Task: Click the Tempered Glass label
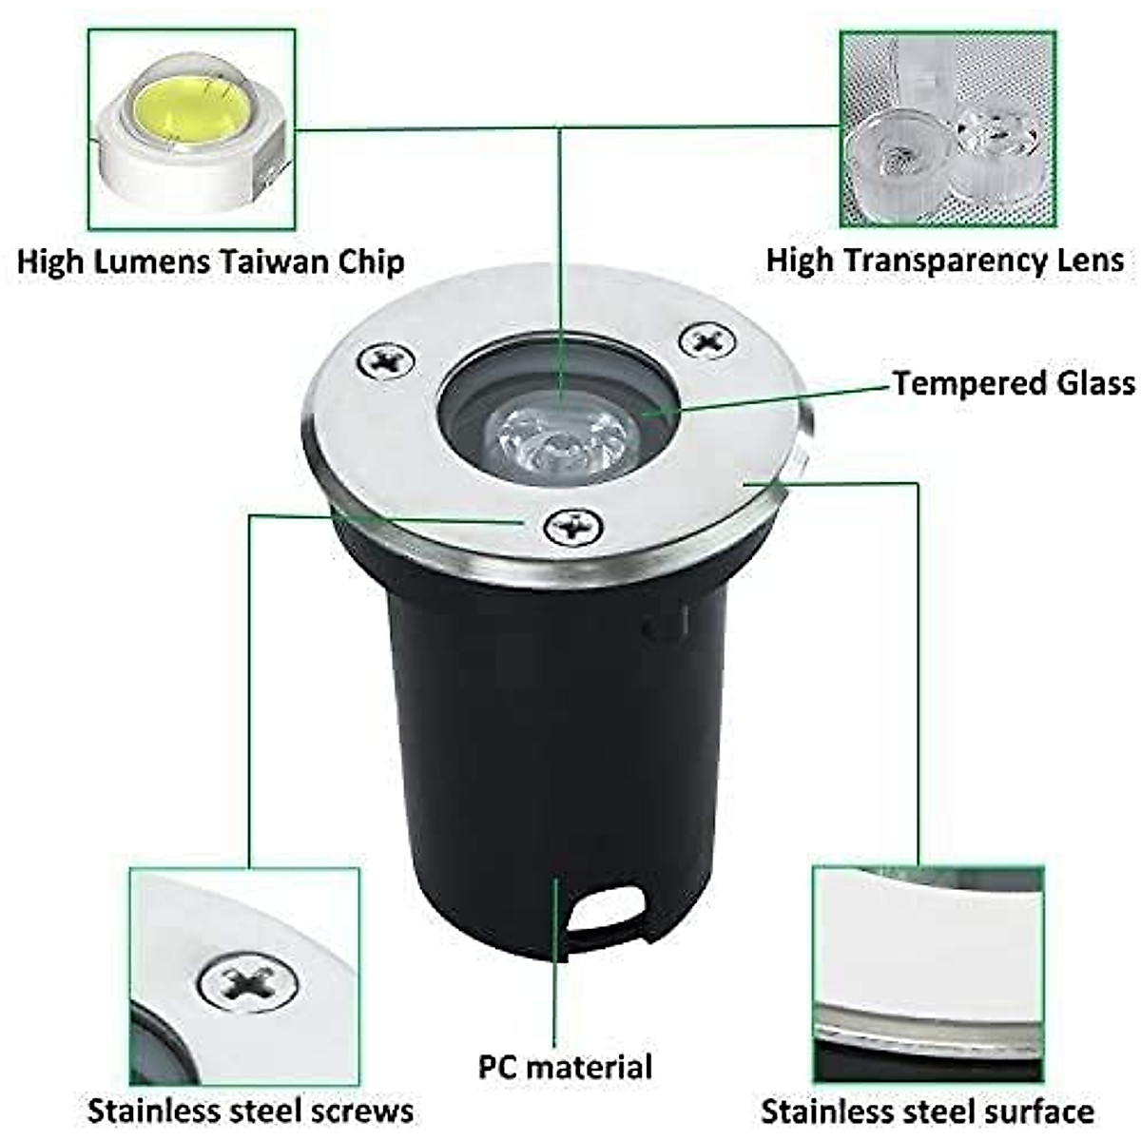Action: point(1013,383)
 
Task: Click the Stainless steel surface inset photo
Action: point(928,974)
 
